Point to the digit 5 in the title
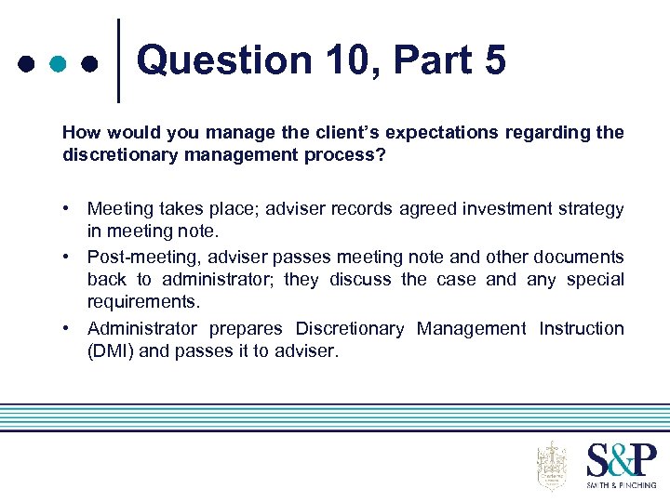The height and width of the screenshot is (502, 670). (494, 60)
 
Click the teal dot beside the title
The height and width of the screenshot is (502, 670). (58, 64)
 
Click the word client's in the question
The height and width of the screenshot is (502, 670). (310, 132)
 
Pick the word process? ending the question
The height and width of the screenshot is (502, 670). (342, 154)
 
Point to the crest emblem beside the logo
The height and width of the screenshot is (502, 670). (552, 465)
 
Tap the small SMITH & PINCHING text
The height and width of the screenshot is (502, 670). (622, 484)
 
